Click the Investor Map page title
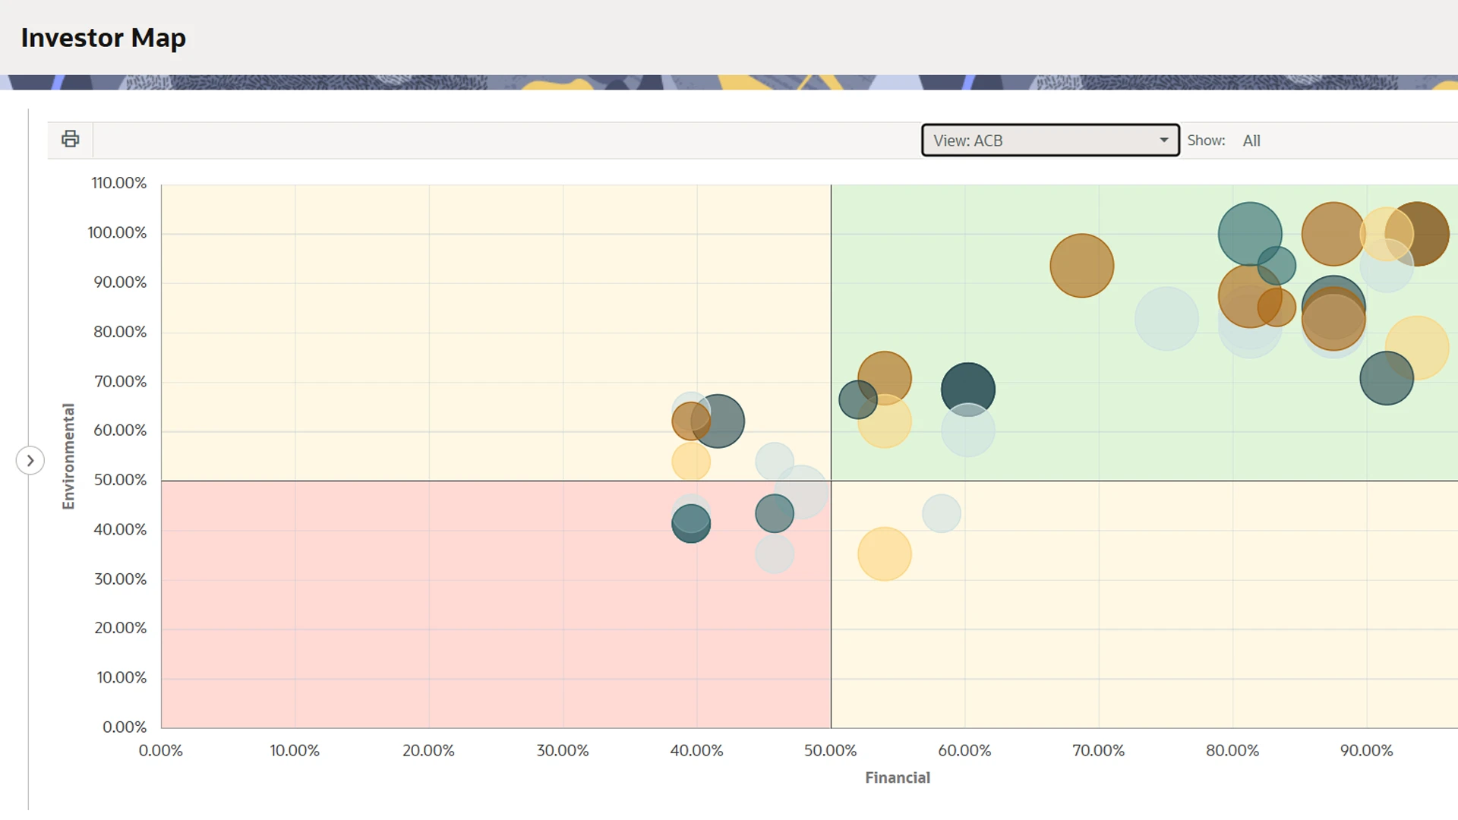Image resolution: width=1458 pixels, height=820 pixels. point(103,38)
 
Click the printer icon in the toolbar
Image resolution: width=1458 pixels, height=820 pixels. point(70,139)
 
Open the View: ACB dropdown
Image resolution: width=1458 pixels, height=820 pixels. point(1050,140)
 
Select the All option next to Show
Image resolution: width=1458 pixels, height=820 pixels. point(1251,140)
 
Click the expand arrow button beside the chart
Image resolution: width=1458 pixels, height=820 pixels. point(30,460)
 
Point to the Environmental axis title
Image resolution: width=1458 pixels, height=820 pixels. point(68,456)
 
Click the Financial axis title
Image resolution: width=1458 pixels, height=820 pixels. point(897,777)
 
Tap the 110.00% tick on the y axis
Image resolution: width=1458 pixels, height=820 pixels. point(119,183)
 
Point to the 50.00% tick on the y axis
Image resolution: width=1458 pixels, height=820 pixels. point(120,480)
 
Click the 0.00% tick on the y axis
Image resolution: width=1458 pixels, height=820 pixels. point(125,727)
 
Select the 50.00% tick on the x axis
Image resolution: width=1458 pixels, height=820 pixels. point(830,751)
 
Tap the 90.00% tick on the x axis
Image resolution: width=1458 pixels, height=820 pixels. point(1366,751)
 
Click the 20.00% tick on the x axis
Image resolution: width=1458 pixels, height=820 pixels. point(428,751)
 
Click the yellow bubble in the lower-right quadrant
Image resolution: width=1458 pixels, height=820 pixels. point(884,554)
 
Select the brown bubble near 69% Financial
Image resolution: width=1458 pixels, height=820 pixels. point(1081,266)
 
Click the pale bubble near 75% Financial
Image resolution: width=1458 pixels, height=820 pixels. point(1166,319)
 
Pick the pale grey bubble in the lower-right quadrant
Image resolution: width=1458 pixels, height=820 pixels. point(942,514)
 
